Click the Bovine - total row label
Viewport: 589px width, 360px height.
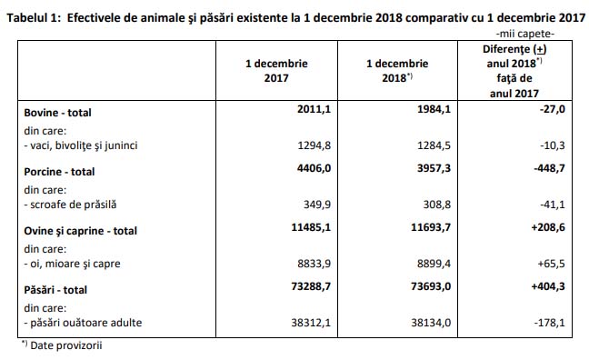(x=57, y=113)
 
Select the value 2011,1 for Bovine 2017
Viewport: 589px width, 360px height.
(x=314, y=109)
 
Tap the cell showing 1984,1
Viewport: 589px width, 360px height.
(x=434, y=109)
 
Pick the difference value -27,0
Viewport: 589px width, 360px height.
(x=553, y=109)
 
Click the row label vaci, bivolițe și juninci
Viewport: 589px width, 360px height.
(x=81, y=145)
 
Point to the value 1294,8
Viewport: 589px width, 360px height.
(x=314, y=145)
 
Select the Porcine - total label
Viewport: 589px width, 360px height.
(x=59, y=172)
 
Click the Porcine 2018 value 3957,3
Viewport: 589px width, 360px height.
(x=434, y=168)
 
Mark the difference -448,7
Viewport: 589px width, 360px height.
(x=549, y=168)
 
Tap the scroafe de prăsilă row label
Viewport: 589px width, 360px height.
(x=70, y=205)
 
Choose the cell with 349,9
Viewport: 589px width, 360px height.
(x=317, y=205)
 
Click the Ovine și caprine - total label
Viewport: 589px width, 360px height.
(x=80, y=231)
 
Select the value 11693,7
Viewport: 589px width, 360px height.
(x=431, y=227)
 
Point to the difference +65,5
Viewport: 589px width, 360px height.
(x=551, y=264)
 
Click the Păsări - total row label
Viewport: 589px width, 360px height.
(x=55, y=290)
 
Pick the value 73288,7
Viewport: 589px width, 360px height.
(x=311, y=286)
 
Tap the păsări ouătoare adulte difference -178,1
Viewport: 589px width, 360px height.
(x=549, y=323)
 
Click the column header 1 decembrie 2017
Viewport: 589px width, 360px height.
(x=276, y=71)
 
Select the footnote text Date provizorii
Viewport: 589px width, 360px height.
(x=65, y=345)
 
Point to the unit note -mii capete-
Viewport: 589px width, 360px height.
(x=525, y=34)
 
